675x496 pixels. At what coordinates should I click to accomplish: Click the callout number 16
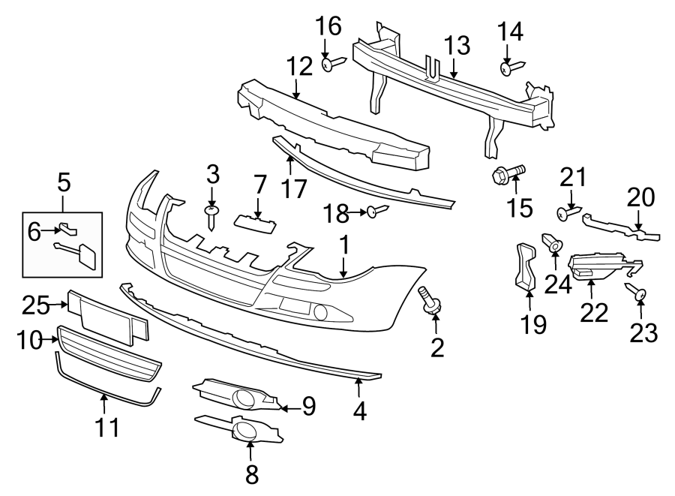(328, 27)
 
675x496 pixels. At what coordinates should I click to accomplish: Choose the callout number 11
(106, 427)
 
